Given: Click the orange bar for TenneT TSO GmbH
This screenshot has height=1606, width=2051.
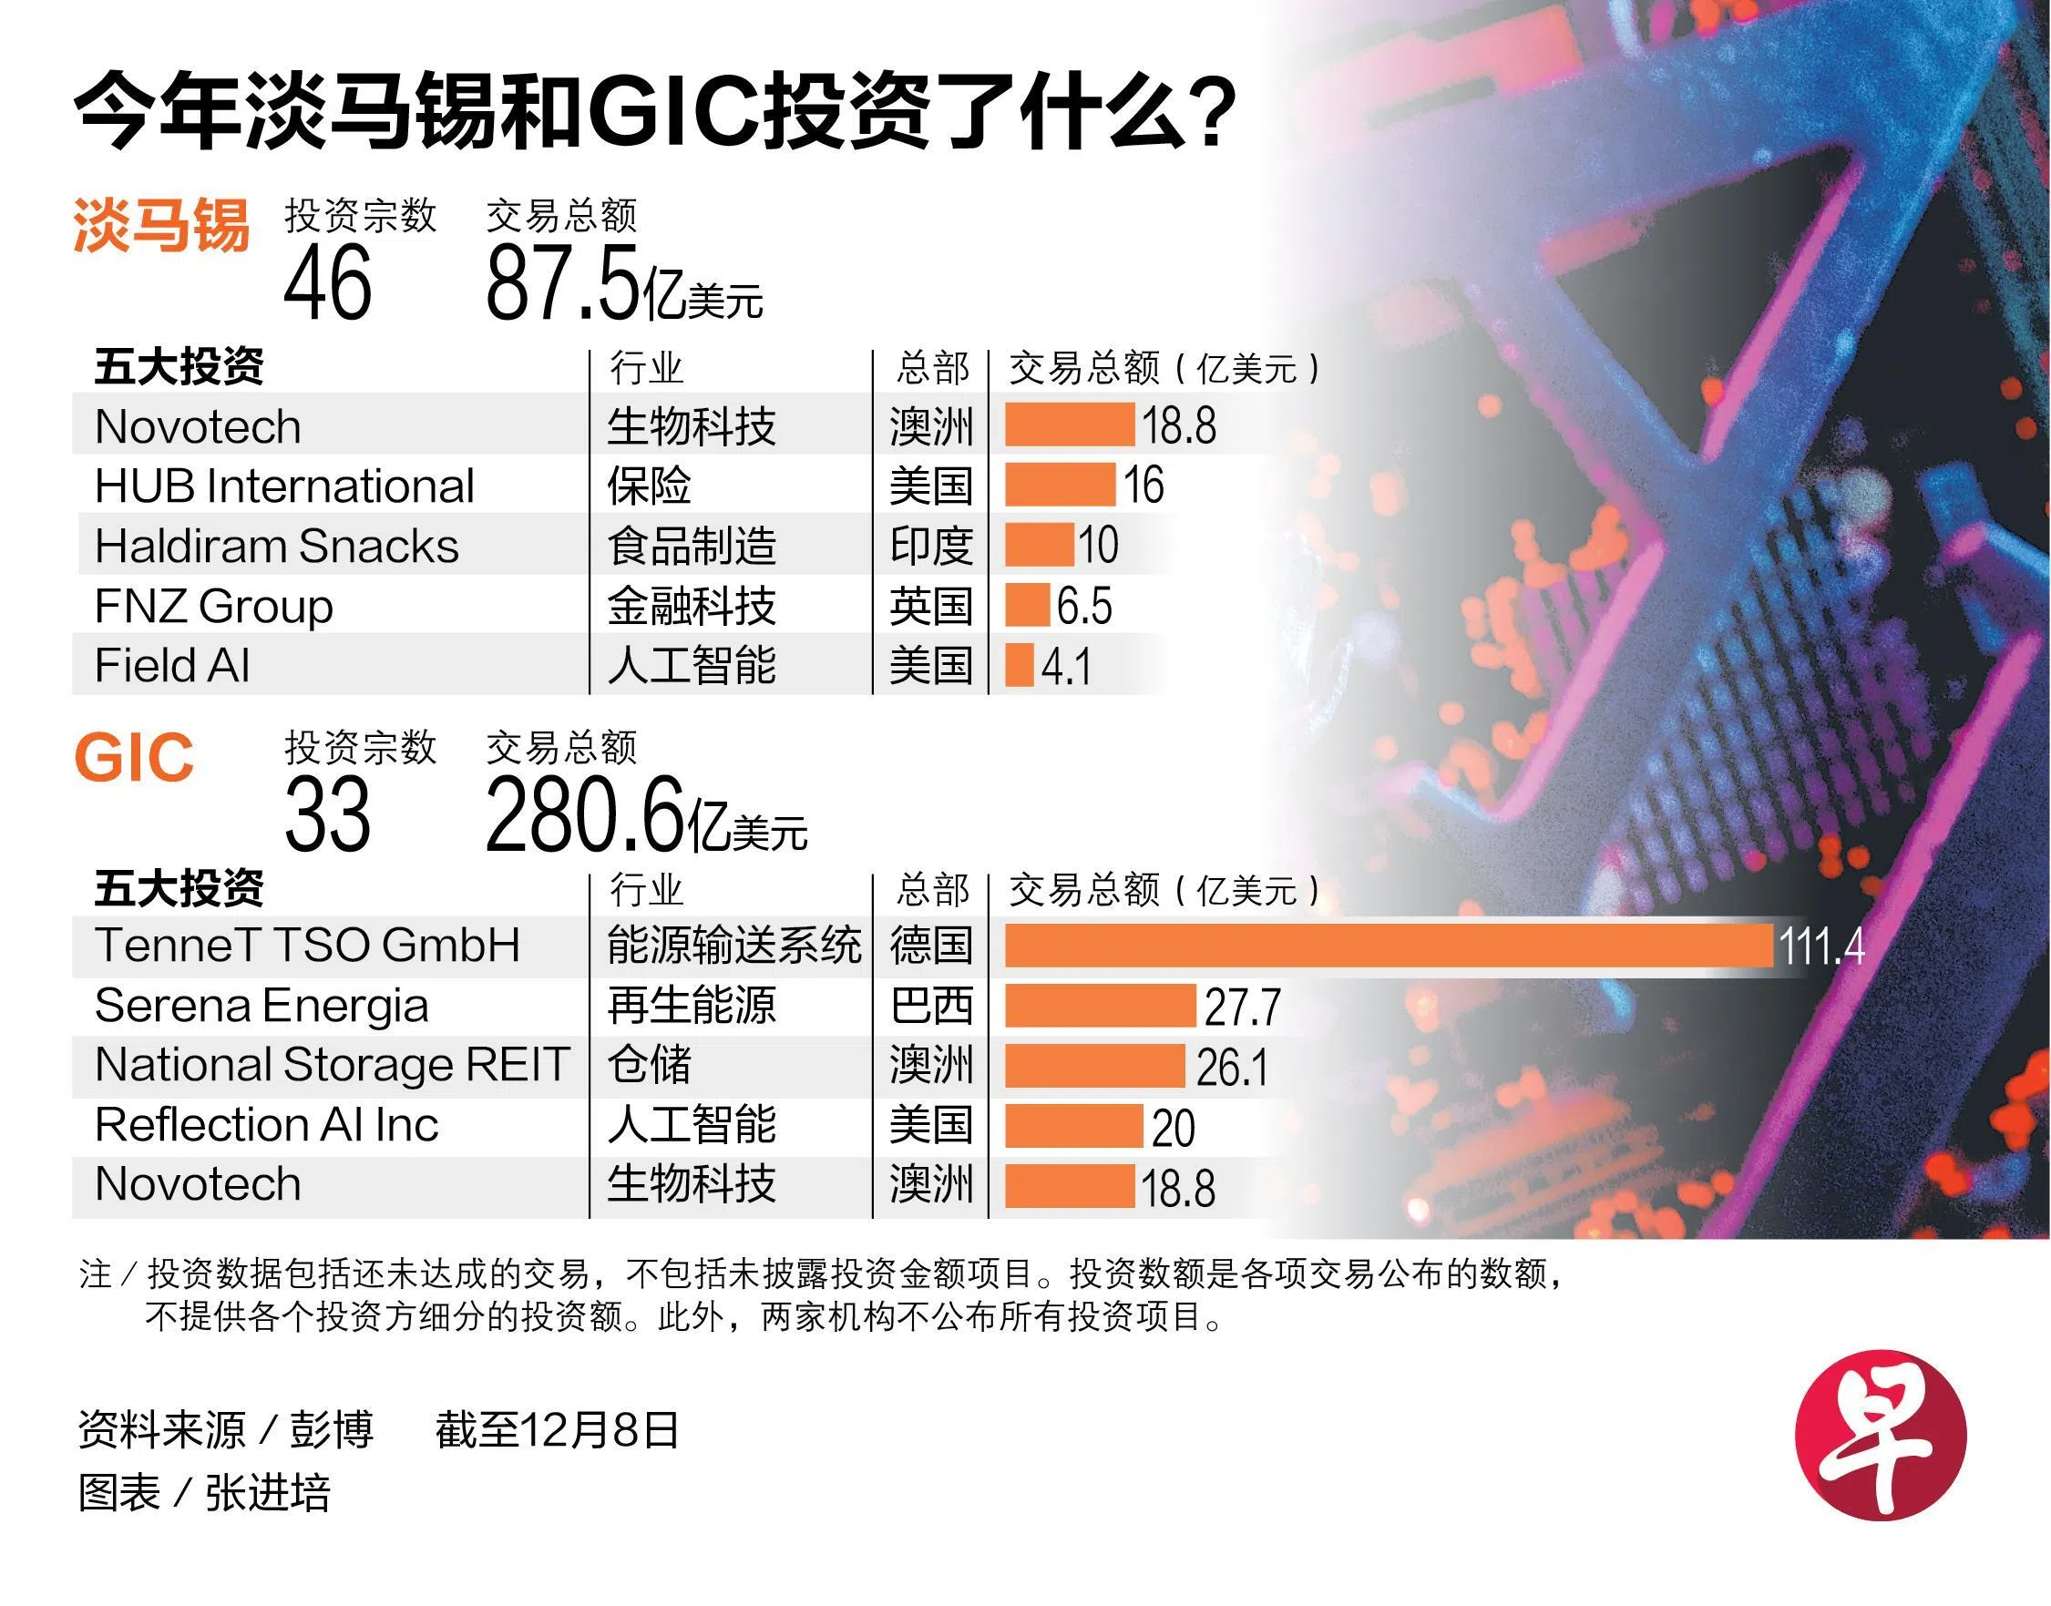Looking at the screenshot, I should pyautogui.click(x=1388, y=945).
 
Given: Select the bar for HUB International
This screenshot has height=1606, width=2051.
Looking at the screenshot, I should pyautogui.click(x=1060, y=486).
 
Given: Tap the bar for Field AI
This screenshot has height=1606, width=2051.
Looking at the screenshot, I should pyautogui.click(x=1020, y=665).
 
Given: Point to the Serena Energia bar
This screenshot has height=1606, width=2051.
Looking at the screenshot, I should pyautogui.click(x=1100, y=1005).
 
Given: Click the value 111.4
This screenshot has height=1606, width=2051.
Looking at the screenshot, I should pyautogui.click(x=1820, y=946).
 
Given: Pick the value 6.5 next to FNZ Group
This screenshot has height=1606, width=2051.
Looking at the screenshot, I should pyautogui.click(x=1084, y=606).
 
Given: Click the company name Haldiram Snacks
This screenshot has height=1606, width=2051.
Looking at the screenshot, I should pyautogui.click(x=276, y=546).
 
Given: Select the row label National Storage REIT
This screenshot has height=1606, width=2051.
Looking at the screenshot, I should pyautogui.click(x=332, y=1064).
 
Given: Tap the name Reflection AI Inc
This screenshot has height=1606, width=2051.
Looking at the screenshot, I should pyautogui.click(x=266, y=1125).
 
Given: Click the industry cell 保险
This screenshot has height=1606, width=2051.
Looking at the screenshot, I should pyautogui.click(x=649, y=486).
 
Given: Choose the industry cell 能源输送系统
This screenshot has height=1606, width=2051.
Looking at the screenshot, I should pyautogui.click(x=733, y=945).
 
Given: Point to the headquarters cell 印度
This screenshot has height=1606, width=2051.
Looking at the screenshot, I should pyautogui.click(x=931, y=546).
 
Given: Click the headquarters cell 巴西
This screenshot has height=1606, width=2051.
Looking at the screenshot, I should pyautogui.click(x=931, y=1005).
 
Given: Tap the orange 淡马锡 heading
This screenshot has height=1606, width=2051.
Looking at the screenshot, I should pyautogui.click(x=160, y=227).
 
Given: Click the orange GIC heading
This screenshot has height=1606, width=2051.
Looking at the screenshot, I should pyautogui.click(x=134, y=758).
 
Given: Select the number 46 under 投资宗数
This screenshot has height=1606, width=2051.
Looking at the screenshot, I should pyautogui.click(x=327, y=282).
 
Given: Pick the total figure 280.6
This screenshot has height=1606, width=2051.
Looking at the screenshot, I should pyautogui.click(x=583, y=814).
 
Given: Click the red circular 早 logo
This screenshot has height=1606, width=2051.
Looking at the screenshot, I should pyautogui.click(x=1880, y=1435).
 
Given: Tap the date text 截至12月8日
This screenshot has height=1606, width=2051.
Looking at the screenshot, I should pyautogui.click(x=557, y=1429).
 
